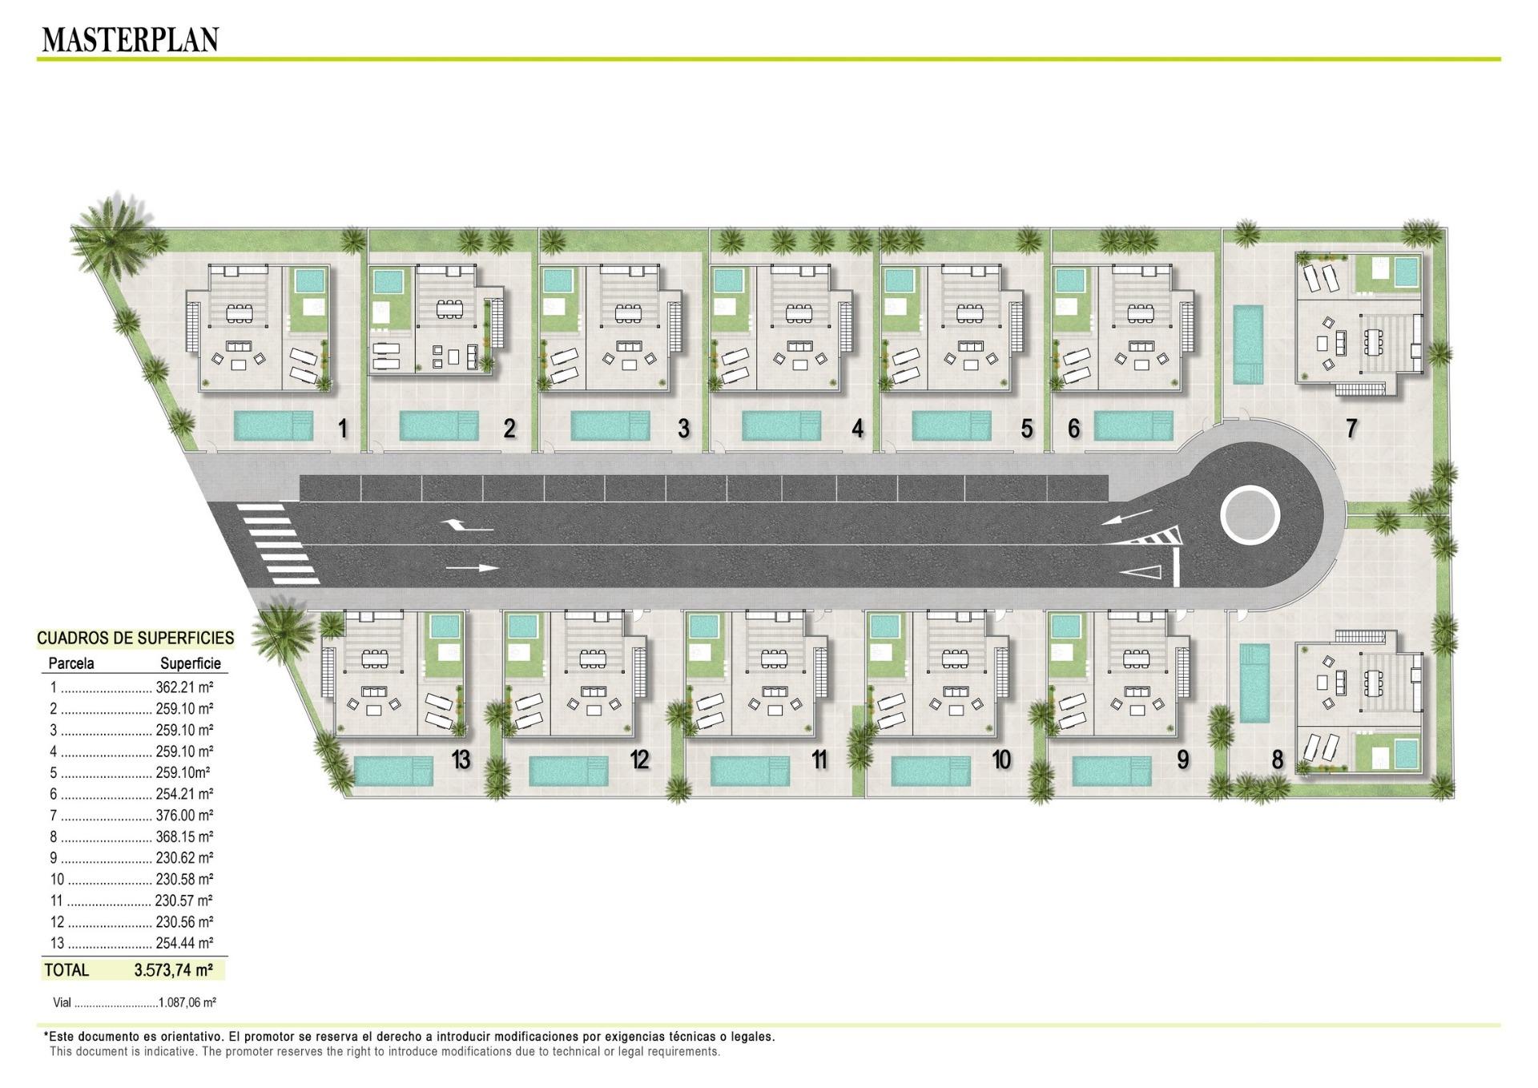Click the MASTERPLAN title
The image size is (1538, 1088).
click(x=130, y=39)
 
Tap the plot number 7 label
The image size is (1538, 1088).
click(x=1351, y=429)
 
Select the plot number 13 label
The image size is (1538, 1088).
click(x=461, y=760)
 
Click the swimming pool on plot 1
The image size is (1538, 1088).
click(x=274, y=426)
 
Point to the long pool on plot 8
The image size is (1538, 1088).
click(x=1254, y=682)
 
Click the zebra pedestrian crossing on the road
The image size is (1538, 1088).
click(x=280, y=544)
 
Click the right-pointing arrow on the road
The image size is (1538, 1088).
click(x=472, y=568)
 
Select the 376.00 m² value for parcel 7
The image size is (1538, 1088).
click(x=184, y=816)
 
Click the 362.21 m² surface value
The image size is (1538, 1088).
click(x=184, y=687)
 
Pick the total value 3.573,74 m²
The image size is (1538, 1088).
click(x=173, y=970)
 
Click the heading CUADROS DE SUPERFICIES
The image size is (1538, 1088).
click(x=135, y=638)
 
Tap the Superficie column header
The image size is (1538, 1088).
click(x=191, y=663)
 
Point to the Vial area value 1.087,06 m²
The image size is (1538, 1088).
click(x=187, y=1002)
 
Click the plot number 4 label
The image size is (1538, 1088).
click(x=858, y=429)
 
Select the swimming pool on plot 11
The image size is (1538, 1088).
click(x=750, y=771)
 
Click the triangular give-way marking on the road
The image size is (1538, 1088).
click(x=1141, y=571)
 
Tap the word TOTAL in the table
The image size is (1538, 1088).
click(x=66, y=970)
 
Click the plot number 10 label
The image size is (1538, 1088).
click(x=1001, y=760)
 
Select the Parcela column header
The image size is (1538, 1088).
click(x=71, y=663)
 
